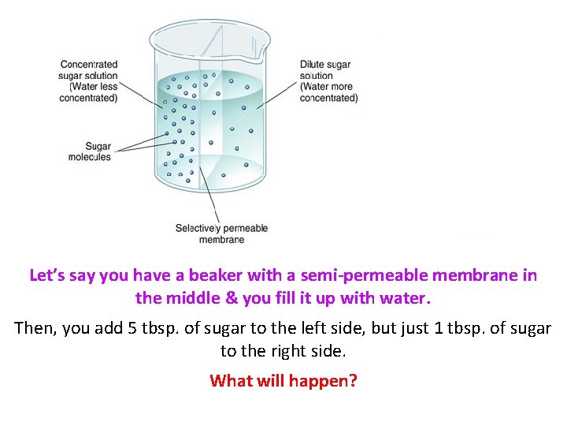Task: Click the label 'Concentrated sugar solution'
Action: (x=89, y=70)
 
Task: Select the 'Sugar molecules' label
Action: (x=88, y=151)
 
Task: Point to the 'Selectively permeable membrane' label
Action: (x=221, y=234)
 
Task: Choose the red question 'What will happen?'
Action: (x=283, y=381)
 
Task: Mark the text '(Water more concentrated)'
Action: (x=328, y=92)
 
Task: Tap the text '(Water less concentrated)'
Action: (x=89, y=92)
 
